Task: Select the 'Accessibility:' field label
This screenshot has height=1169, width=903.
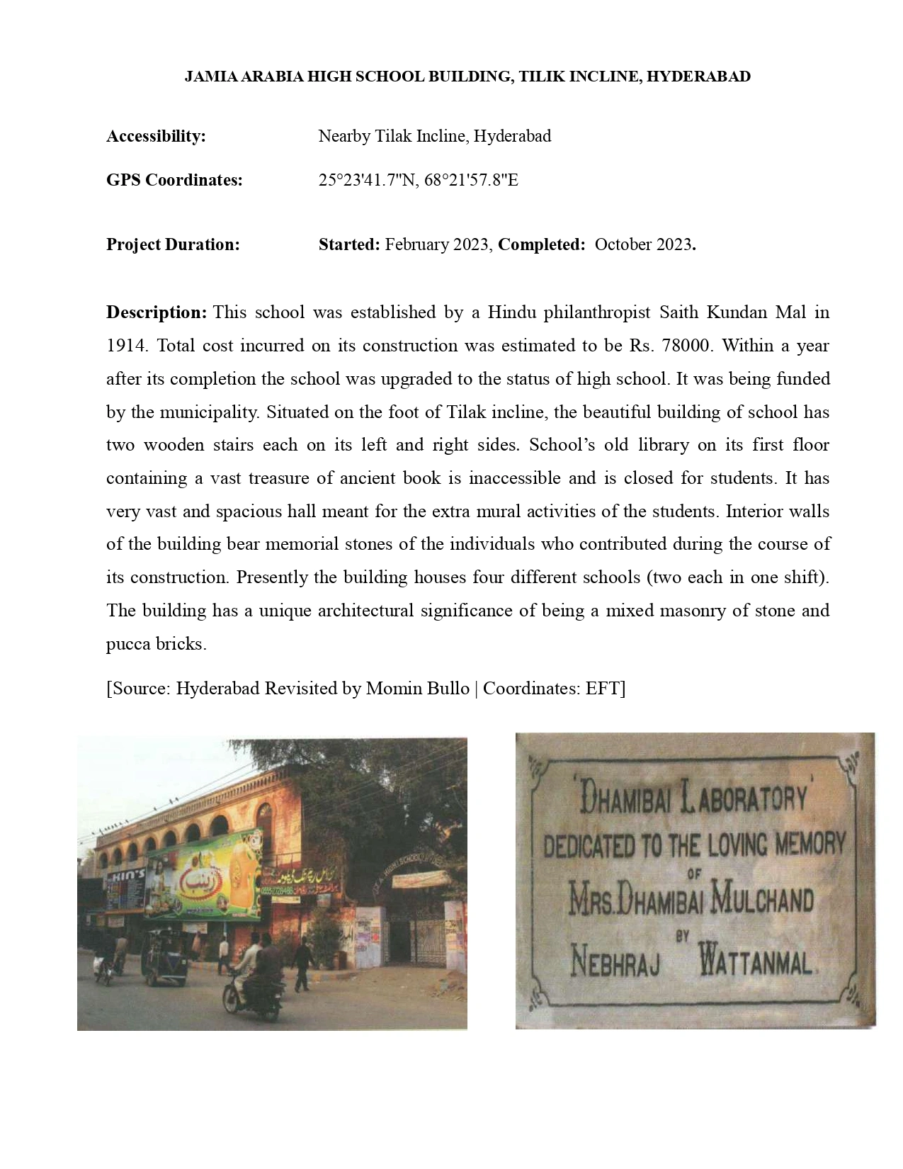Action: pos(156,136)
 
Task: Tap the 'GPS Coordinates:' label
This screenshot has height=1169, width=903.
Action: pos(174,180)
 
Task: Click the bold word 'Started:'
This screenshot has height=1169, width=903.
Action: pos(349,244)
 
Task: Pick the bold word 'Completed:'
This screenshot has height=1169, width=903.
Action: pos(541,244)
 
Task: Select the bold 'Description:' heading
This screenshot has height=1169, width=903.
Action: pos(157,312)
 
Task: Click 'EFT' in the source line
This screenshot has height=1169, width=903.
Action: pos(603,688)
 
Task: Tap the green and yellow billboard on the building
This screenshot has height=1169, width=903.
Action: pos(205,876)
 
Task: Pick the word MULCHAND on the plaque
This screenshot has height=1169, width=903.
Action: pos(761,901)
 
